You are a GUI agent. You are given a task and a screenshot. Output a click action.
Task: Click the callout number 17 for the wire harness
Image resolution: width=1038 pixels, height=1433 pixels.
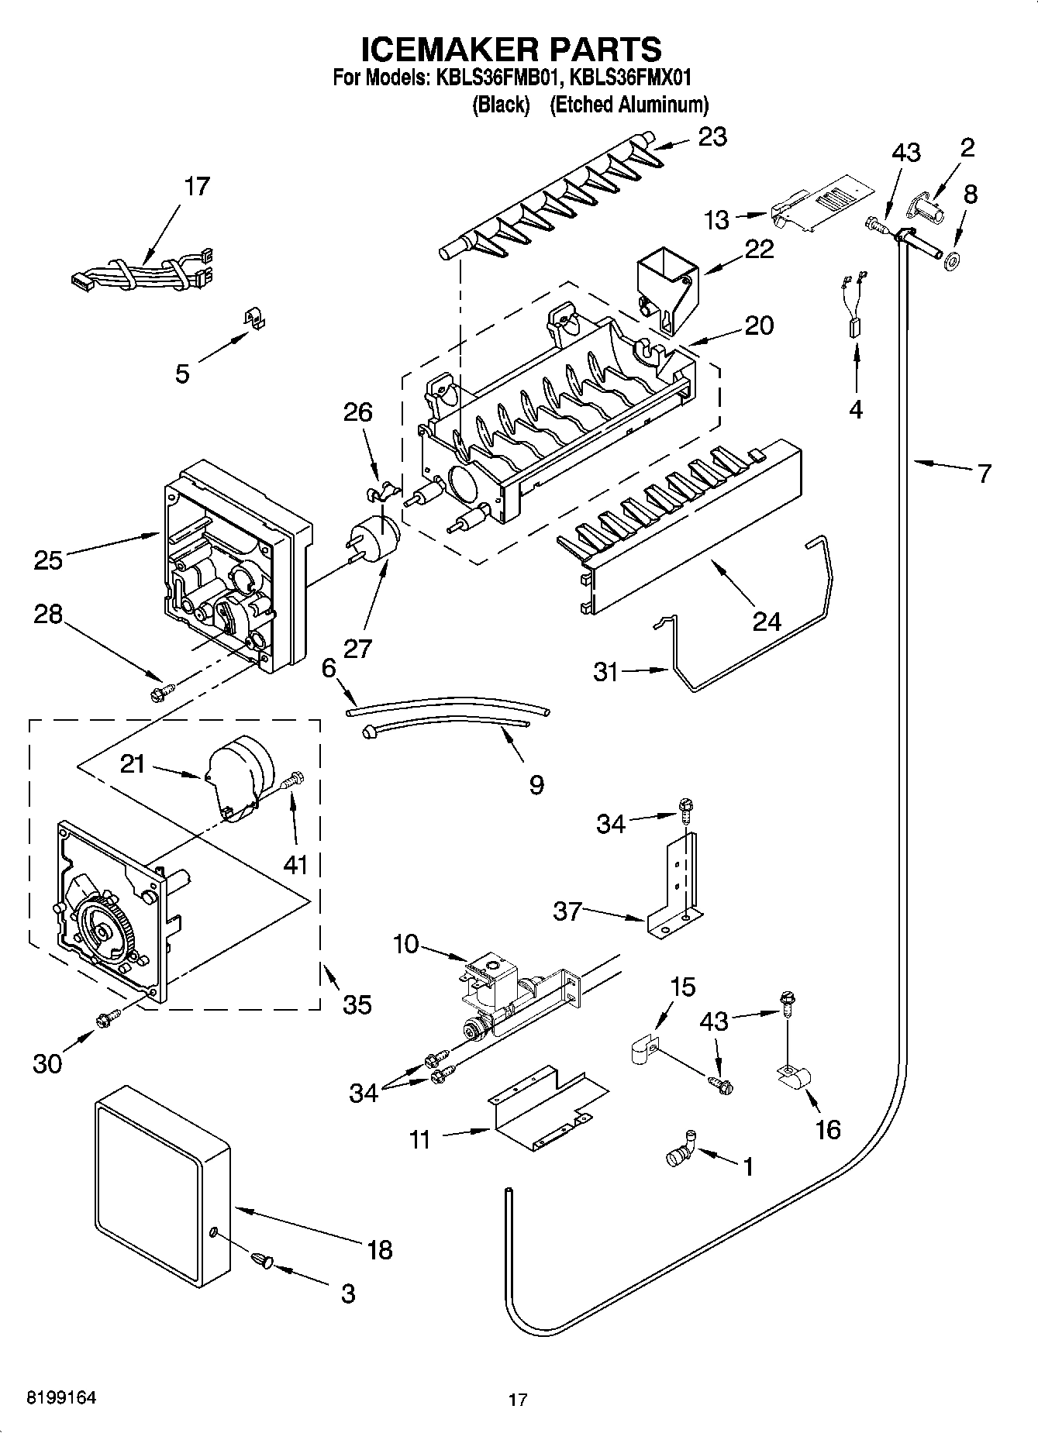point(197,187)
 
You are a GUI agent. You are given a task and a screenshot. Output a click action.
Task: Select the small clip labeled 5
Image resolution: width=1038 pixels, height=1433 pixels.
point(250,318)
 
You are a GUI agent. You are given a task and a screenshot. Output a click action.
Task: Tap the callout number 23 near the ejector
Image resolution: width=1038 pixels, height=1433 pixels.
point(712,137)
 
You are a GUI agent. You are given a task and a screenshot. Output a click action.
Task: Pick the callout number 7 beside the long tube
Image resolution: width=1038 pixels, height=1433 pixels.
point(983,472)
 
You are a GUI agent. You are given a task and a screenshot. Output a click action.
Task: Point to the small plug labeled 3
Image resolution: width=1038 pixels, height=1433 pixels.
point(261,1263)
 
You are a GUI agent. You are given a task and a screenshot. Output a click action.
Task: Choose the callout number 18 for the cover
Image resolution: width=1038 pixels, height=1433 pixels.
point(380,1249)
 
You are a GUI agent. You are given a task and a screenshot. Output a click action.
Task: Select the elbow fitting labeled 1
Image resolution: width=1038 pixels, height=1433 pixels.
point(680,1149)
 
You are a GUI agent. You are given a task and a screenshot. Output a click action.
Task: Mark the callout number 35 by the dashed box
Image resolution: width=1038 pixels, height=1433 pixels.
point(357,1004)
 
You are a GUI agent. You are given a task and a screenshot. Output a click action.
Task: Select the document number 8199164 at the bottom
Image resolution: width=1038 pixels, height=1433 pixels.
point(62,1397)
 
